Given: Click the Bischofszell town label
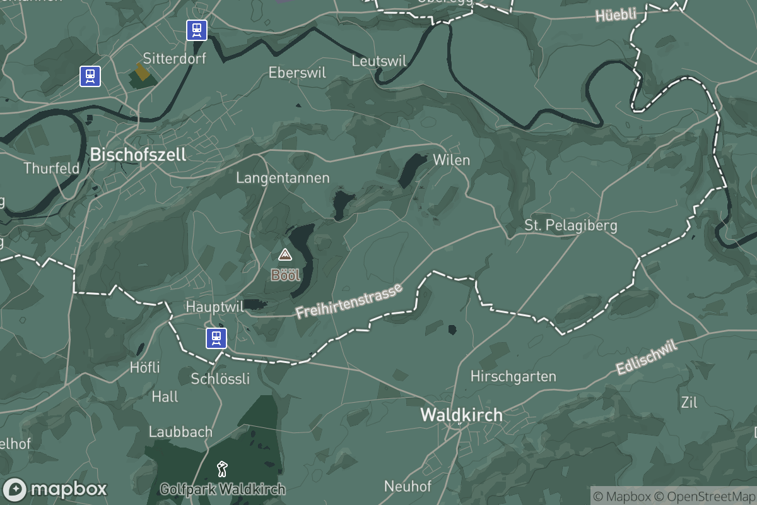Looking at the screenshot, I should [138, 154].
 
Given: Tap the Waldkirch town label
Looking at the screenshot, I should [461, 415].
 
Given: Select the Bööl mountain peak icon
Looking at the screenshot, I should [285, 255].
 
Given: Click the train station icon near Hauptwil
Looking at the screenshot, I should [216, 338].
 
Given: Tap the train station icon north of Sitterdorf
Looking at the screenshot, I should [197, 30].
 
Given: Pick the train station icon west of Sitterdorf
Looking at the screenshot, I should [90, 76].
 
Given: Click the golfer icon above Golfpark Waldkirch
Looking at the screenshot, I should [222, 469].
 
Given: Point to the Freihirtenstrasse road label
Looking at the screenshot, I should [349, 301].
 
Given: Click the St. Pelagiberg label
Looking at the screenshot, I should [570, 225].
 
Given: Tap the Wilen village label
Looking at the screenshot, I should [451, 160].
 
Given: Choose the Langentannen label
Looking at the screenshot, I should [283, 178].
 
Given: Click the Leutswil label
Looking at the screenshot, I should [378, 61].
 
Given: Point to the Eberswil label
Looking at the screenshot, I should [297, 73].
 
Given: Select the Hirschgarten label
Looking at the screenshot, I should [513, 377].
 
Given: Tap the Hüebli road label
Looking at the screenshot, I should [616, 15].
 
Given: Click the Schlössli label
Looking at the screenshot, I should [220, 379].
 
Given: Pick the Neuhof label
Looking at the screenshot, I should [408, 486].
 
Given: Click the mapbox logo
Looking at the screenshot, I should [55, 489].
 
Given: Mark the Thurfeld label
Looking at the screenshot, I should [51, 169].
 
